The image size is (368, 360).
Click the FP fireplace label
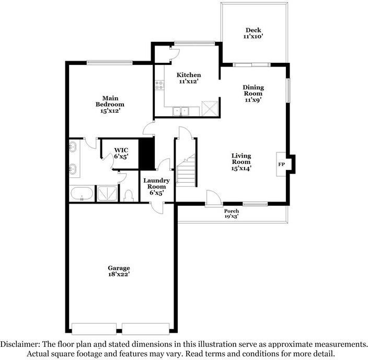coord(281,164)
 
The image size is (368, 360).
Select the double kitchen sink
coord(181,111)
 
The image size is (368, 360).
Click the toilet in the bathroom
coord(129,195)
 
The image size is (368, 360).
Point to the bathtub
coord(82,194)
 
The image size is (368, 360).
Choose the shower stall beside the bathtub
coord(107,194)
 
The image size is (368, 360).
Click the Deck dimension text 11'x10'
coord(252,37)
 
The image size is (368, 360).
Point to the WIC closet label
coord(121,150)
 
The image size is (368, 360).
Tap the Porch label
coord(232,211)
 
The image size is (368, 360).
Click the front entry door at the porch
coord(213,199)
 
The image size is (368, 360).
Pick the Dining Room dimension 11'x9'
coord(252,99)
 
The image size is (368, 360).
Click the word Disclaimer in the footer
coord(19,344)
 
